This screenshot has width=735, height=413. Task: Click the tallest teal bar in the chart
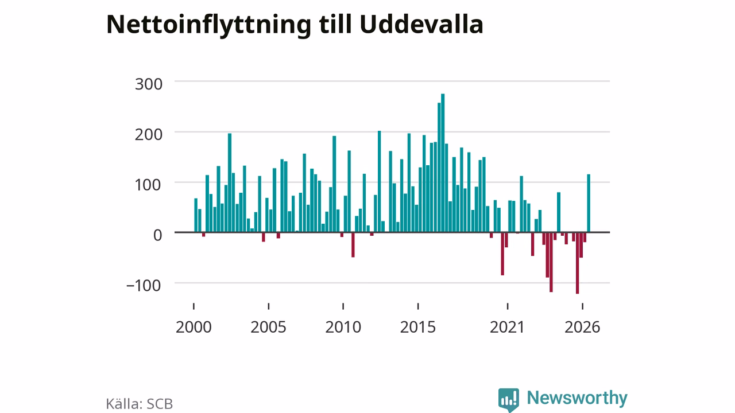coord(443,163)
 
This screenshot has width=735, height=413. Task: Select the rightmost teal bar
coord(589,203)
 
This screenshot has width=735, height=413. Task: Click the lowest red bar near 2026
coord(578,263)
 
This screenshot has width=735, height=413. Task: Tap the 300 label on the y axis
coord(149,84)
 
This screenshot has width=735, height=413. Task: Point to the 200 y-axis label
coord(149,135)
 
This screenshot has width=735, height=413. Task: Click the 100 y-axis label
coord(149,185)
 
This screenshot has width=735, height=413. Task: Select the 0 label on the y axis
coord(158,235)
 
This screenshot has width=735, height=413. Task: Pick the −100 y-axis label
coord(144,286)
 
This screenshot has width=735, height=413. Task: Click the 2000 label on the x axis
coord(194,327)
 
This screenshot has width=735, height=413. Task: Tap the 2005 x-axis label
coord(268,327)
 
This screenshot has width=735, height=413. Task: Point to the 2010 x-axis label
coord(343,327)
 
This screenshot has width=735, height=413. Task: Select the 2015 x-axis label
coord(418,327)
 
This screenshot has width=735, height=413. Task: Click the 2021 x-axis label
coord(508,327)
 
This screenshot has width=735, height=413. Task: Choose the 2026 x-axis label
coord(582,327)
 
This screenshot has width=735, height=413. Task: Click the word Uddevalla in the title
coord(421,24)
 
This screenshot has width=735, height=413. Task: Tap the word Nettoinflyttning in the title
coord(208,26)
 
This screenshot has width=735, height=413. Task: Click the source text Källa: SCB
coord(140,404)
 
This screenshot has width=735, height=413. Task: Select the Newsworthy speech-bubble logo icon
coord(509,400)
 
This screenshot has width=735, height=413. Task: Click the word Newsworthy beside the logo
coord(577,398)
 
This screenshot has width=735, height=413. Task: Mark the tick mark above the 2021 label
coord(508,306)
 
